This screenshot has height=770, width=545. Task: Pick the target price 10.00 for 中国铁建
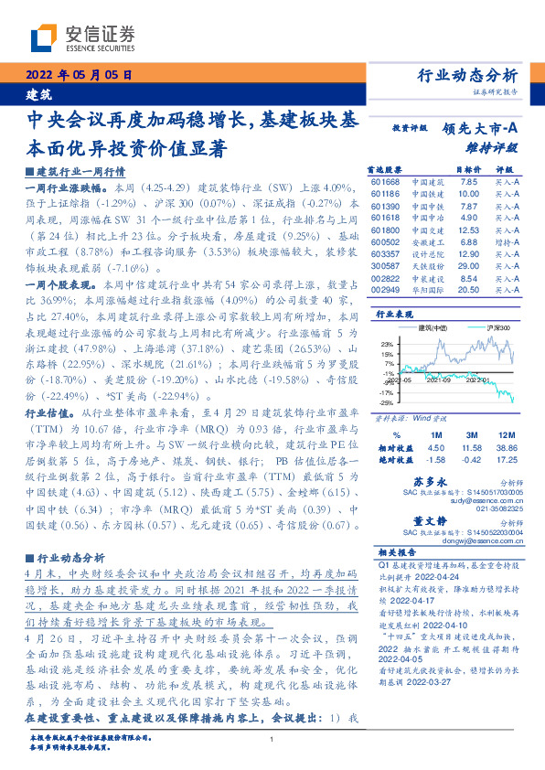point(468,194)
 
